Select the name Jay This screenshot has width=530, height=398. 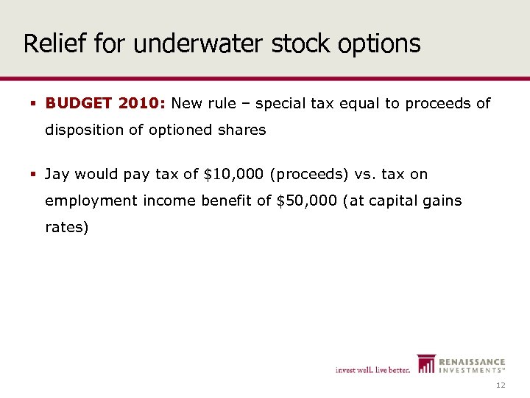(x=57, y=174)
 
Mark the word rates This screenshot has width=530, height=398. (x=66, y=227)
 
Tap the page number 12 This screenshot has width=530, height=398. (x=501, y=385)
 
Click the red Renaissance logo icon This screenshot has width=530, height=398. (x=426, y=363)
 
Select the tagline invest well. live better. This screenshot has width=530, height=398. (x=372, y=369)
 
